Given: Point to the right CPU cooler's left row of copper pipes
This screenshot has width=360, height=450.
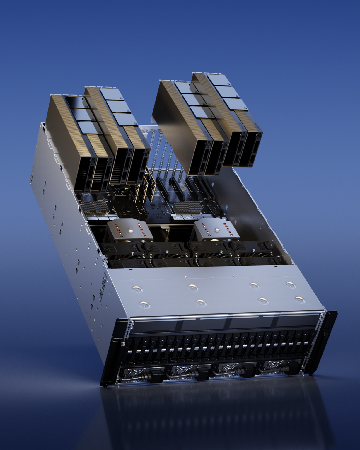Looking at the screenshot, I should pyautogui.click(x=203, y=226).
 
